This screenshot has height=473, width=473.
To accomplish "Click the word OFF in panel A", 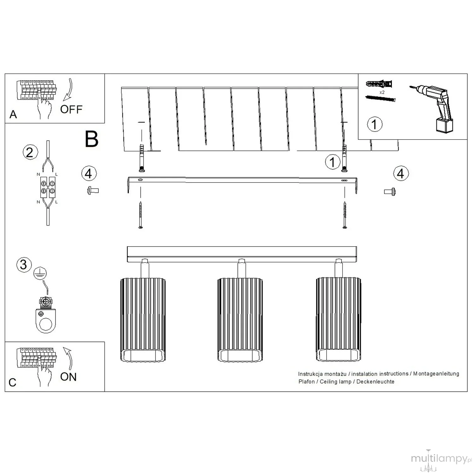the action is tap(71, 109).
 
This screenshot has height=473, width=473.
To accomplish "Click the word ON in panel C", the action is tap(68, 377).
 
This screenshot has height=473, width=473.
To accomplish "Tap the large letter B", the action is tap(92, 139).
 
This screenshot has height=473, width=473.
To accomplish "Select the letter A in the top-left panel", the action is tap(13, 114).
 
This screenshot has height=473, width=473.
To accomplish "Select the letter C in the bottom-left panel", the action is tap(13, 382).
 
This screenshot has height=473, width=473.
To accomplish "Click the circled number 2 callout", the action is tap(30, 152).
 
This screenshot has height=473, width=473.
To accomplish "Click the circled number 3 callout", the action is tap(24, 265).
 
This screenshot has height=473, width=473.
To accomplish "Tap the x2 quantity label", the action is tap(382, 92).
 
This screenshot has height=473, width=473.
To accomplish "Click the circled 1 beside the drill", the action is tap(375, 124).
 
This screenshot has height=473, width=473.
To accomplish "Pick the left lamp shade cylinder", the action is tap(143, 319).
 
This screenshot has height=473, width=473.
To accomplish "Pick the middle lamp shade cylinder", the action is tap(240, 319).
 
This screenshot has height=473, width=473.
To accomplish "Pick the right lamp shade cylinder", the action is tap(338, 319).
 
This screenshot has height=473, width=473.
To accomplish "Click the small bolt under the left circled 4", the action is tap(93, 190).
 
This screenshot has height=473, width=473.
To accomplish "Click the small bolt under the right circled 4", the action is tap(390, 191).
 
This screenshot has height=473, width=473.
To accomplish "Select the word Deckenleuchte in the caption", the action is tap(375, 382).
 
